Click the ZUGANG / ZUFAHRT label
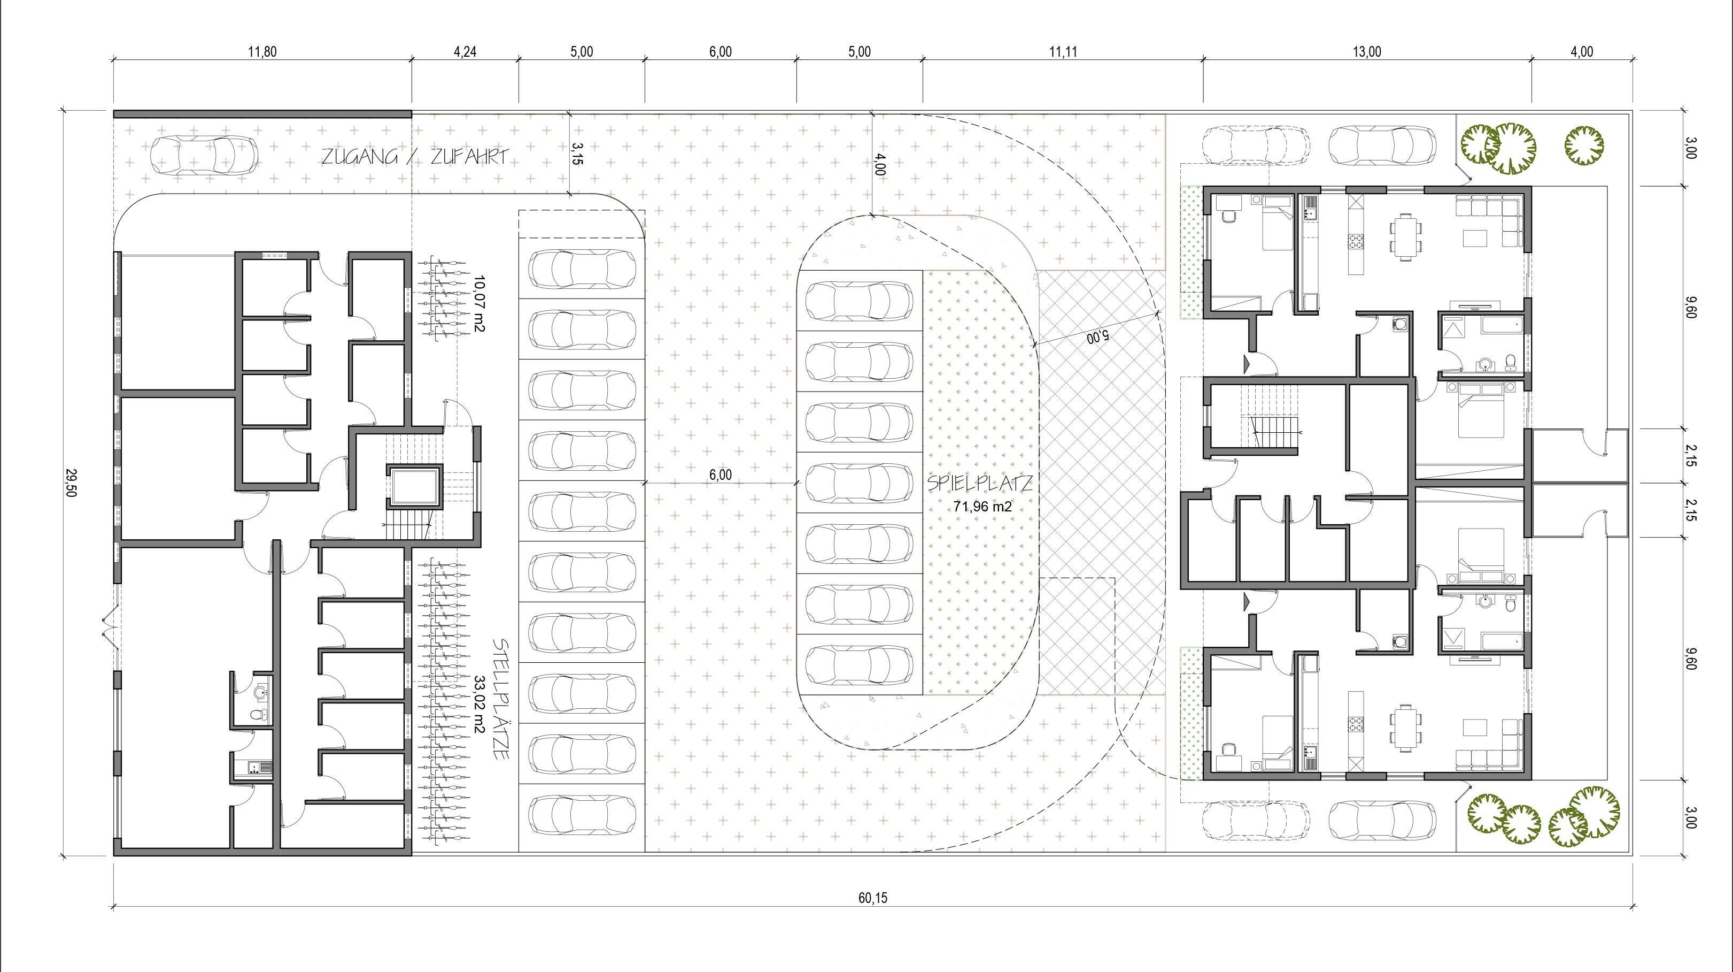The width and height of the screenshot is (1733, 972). coord(414,157)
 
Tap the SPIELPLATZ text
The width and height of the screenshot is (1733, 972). coord(979,483)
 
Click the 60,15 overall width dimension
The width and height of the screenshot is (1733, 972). coord(872,898)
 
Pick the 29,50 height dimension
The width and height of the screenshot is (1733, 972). coord(71,482)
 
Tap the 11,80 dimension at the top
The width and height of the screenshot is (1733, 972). coord(262,52)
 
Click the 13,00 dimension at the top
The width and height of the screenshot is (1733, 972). coord(1366,52)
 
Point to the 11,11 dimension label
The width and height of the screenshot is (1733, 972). coord(1062,52)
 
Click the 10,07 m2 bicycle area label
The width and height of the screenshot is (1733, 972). coord(479,303)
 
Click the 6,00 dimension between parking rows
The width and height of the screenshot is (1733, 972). coord(720,474)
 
